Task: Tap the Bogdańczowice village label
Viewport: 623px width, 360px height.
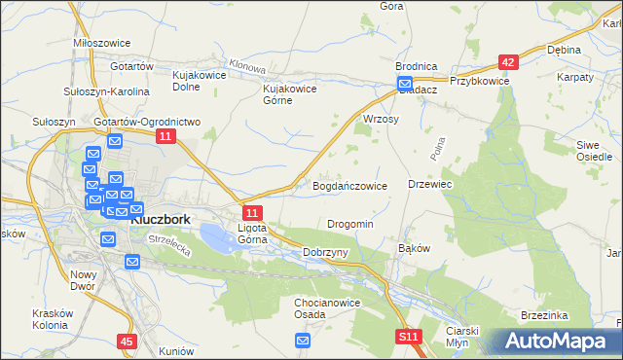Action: coord(350,185)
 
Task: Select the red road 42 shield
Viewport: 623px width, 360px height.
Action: coord(508,61)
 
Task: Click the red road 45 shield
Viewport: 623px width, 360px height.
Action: coord(127,342)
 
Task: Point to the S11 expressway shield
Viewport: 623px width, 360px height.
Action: coord(410,337)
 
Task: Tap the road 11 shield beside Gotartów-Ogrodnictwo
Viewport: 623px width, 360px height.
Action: coord(165,138)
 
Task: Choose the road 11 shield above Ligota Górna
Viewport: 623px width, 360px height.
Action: coord(252,213)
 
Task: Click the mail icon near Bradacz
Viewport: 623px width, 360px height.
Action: coord(405,85)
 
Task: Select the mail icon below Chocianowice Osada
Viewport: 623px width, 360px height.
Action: coord(303,340)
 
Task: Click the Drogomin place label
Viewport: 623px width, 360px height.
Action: coord(350,224)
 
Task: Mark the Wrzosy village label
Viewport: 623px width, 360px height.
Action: coord(382,118)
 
